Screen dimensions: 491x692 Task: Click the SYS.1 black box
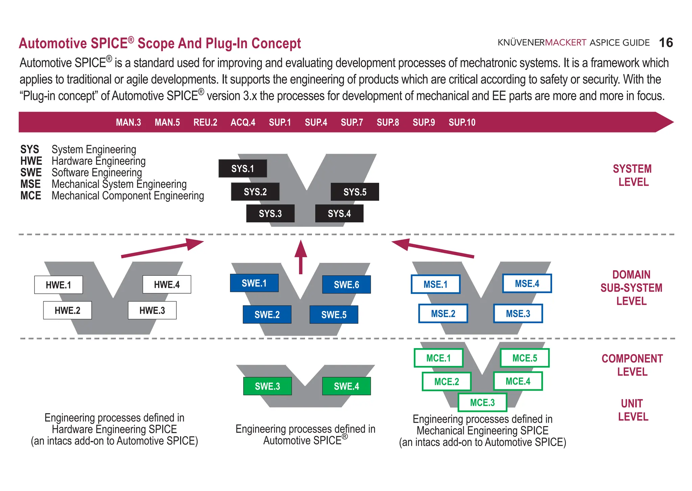click(243, 169)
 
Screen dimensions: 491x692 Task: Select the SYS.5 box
click(355, 192)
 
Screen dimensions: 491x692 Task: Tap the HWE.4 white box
click(167, 285)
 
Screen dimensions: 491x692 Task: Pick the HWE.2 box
click(68, 310)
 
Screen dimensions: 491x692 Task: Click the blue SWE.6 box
click(346, 285)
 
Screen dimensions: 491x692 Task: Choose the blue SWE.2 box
click(267, 315)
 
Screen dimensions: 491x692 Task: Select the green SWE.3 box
click(267, 386)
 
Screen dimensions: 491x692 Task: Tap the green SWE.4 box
click(346, 386)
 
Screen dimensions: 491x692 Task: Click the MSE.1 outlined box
click(436, 284)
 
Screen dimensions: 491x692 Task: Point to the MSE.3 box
click(518, 314)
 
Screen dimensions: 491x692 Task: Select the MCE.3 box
click(482, 402)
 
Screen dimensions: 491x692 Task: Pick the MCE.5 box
click(524, 358)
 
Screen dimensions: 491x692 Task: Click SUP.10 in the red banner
click(462, 122)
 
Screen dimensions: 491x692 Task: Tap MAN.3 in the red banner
click(128, 122)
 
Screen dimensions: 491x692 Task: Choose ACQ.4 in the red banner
click(243, 122)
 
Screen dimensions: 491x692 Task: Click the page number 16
click(666, 43)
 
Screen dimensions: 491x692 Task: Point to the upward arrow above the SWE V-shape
click(301, 257)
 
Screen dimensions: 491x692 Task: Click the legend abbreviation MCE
click(31, 196)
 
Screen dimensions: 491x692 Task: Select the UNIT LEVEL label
click(633, 410)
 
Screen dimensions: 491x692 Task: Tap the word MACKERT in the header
click(566, 43)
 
